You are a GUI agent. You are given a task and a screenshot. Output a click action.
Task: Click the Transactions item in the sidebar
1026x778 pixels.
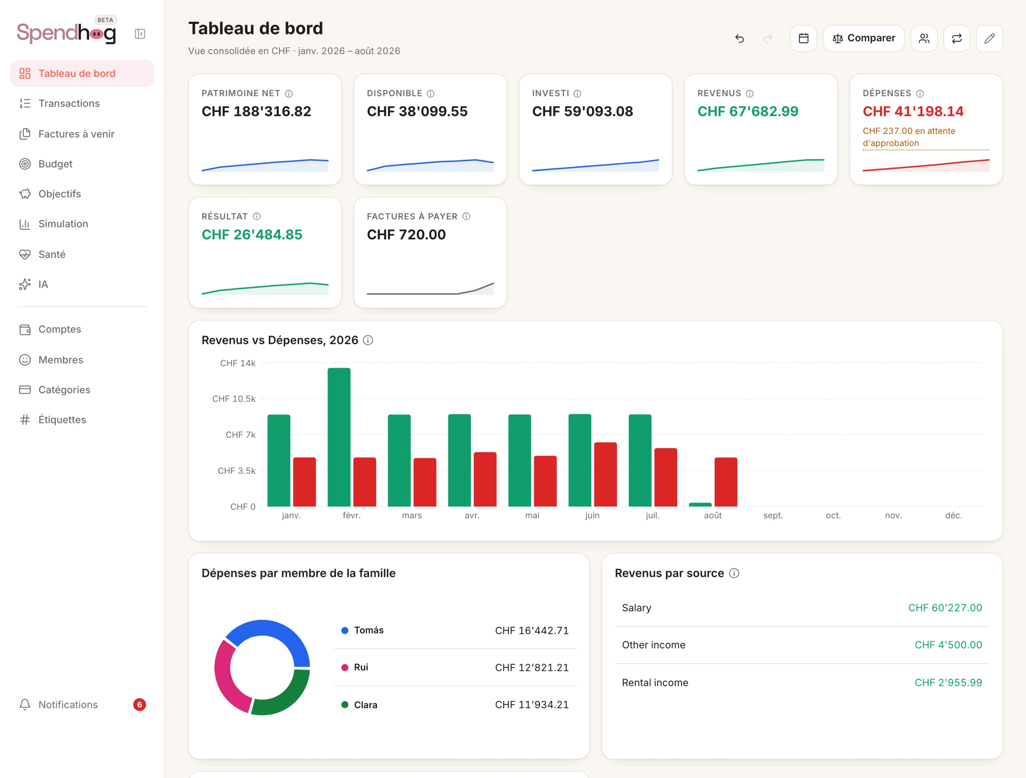pyautogui.click(x=69, y=103)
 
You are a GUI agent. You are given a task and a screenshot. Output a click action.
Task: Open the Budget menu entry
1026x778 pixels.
pyautogui.click(x=55, y=164)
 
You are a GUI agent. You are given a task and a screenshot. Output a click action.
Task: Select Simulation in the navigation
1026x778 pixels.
pyautogui.click(x=63, y=224)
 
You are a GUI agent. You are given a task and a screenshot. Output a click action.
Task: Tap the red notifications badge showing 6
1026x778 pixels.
pyautogui.click(x=139, y=705)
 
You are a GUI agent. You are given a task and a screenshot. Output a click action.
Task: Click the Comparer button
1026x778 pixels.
pyautogui.click(x=864, y=39)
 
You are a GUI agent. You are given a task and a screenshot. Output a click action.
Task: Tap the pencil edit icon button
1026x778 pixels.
pyautogui.click(x=989, y=39)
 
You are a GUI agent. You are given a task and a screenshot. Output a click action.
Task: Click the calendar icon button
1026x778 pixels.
pyautogui.click(x=803, y=39)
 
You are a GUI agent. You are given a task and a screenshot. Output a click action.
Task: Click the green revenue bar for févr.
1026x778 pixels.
pyautogui.click(x=339, y=437)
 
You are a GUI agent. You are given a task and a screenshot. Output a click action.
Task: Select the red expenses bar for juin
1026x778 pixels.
pyautogui.click(x=605, y=474)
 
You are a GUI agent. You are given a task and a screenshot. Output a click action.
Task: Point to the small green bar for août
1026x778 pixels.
pyautogui.click(x=700, y=504)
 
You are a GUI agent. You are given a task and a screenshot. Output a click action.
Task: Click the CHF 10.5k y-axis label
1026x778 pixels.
pyautogui.click(x=234, y=399)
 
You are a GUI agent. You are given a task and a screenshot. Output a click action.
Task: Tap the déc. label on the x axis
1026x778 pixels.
pyautogui.click(x=954, y=515)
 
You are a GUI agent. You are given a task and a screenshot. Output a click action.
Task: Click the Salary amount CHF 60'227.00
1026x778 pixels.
pyautogui.click(x=945, y=608)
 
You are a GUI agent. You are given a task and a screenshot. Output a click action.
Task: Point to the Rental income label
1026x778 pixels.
pyautogui.click(x=655, y=682)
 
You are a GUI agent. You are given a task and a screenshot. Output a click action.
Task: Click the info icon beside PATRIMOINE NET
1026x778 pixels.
pyautogui.click(x=289, y=94)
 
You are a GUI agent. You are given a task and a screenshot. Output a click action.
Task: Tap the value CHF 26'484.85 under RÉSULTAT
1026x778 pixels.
pyautogui.click(x=252, y=235)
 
